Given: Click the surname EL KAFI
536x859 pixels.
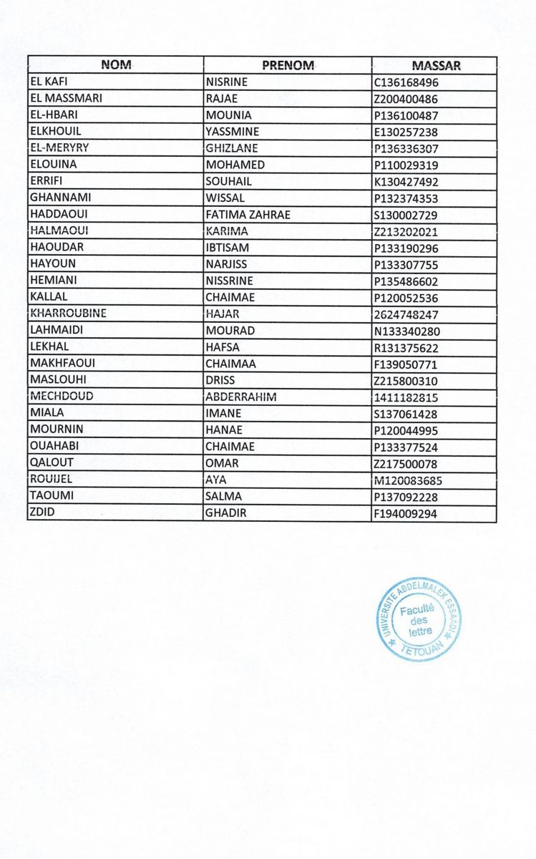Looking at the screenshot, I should tap(49, 82).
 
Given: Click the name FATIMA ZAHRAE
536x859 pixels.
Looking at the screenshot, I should tap(247, 215).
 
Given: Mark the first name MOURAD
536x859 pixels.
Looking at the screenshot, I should tap(226, 331).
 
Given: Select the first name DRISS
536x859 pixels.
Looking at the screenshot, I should tap(220, 381).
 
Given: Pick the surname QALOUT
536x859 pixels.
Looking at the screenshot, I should tap(51, 463).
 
